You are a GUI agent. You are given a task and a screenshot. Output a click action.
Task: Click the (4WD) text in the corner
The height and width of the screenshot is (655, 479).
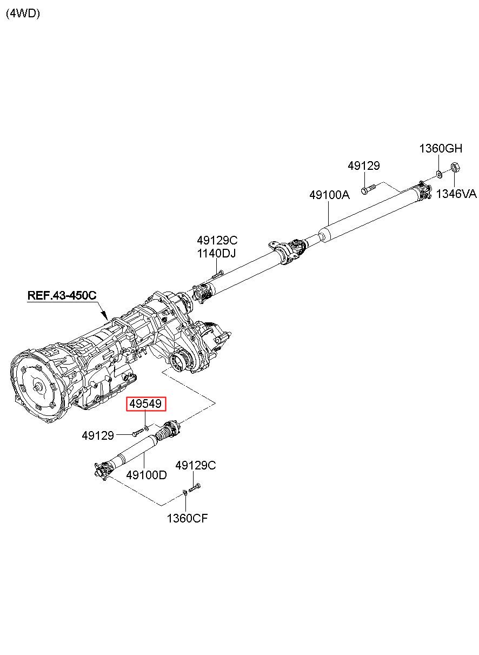click(23, 14)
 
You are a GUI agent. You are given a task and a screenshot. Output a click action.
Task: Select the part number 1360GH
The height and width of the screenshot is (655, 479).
click(441, 149)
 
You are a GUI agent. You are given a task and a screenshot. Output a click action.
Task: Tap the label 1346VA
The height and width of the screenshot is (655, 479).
click(456, 194)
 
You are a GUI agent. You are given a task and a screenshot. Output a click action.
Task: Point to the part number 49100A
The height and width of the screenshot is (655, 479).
click(329, 195)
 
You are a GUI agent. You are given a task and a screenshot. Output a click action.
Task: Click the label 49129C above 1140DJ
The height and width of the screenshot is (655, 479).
click(217, 240)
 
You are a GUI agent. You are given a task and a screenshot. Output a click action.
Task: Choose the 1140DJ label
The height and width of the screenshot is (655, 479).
click(216, 254)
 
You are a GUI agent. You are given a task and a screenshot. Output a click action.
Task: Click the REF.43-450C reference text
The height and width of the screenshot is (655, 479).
click(62, 295)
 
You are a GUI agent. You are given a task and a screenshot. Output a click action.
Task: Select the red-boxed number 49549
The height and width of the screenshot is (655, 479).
click(145, 404)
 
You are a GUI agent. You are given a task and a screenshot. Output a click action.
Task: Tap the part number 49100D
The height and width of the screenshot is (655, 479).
click(147, 475)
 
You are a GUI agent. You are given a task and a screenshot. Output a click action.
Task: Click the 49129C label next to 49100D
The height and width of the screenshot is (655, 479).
click(196, 465)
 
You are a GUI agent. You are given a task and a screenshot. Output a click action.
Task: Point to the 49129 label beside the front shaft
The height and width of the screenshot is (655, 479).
click(98, 436)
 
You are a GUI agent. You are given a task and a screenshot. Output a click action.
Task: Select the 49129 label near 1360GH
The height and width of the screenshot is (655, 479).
click(363, 166)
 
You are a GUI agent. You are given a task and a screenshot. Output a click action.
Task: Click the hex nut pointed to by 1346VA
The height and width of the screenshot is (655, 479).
click(455, 168)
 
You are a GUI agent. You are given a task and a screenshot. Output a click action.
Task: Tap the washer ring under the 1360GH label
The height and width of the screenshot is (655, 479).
click(439, 175)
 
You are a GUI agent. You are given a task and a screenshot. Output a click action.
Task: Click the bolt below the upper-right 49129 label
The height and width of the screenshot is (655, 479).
click(368, 189)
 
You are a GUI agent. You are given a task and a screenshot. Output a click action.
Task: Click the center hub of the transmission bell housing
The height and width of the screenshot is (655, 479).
click(39, 388)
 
